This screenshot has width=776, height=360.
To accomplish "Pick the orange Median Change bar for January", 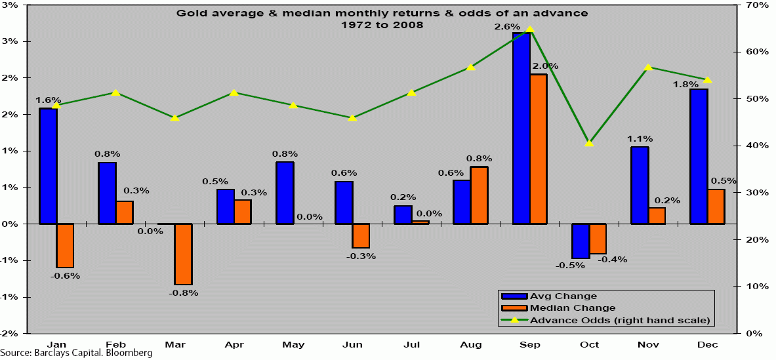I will (x=65, y=245).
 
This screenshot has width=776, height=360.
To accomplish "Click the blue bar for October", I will (x=581, y=241).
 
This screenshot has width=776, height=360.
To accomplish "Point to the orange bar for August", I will (x=480, y=195).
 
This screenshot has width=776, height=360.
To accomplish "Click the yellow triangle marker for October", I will (x=589, y=142).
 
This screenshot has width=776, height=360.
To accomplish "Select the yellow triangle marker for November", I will (x=648, y=67).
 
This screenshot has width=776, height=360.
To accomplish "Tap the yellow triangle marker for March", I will (x=174, y=117).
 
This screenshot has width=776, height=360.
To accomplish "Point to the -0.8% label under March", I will (x=183, y=292).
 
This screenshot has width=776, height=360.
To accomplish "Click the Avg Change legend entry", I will (x=563, y=296).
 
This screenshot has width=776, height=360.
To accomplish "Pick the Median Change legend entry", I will (x=572, y=308).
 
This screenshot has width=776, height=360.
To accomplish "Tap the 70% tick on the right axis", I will (x=753, y=5).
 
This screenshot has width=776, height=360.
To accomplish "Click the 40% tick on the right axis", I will (x=753, y=146).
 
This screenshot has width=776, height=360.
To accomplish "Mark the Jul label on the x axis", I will (x=411, y=344).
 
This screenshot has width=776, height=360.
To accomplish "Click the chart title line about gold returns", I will (x=382, y=13).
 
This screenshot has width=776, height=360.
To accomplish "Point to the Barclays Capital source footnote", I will (x=77, y=353).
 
